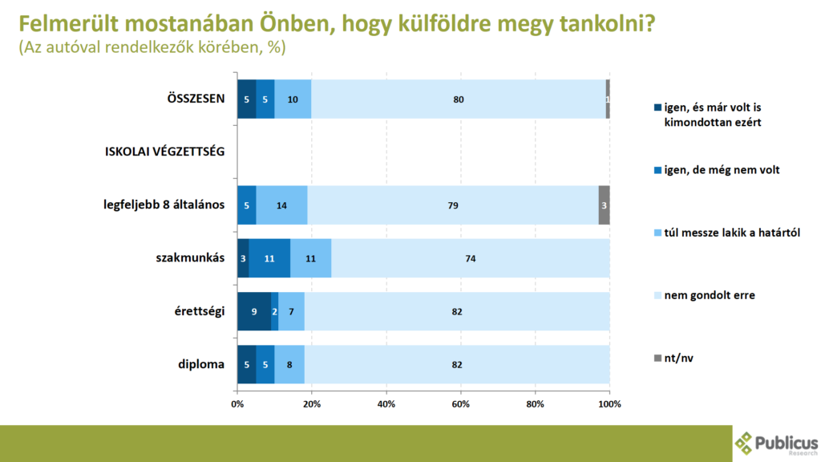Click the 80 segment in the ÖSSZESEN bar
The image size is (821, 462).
[458, 99]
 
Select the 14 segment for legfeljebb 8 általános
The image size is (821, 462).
[281, 205]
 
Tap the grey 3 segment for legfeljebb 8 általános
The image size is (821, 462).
[604, 205]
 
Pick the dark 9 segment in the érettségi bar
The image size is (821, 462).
[253, 311]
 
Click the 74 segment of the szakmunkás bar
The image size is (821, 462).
[470, 258]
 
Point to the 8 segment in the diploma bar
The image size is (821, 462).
[289, 364]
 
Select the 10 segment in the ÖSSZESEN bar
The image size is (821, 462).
[293, 99]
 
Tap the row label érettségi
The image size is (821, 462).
[200, 311]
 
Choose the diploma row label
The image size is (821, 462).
[200, 364]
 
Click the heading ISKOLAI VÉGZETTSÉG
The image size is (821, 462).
[164, 152]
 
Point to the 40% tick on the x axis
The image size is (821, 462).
[386, 403]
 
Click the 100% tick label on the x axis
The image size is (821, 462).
[609, 403]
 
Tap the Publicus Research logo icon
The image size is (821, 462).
[745, 443]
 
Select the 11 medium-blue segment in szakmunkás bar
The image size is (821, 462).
[269, 258]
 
